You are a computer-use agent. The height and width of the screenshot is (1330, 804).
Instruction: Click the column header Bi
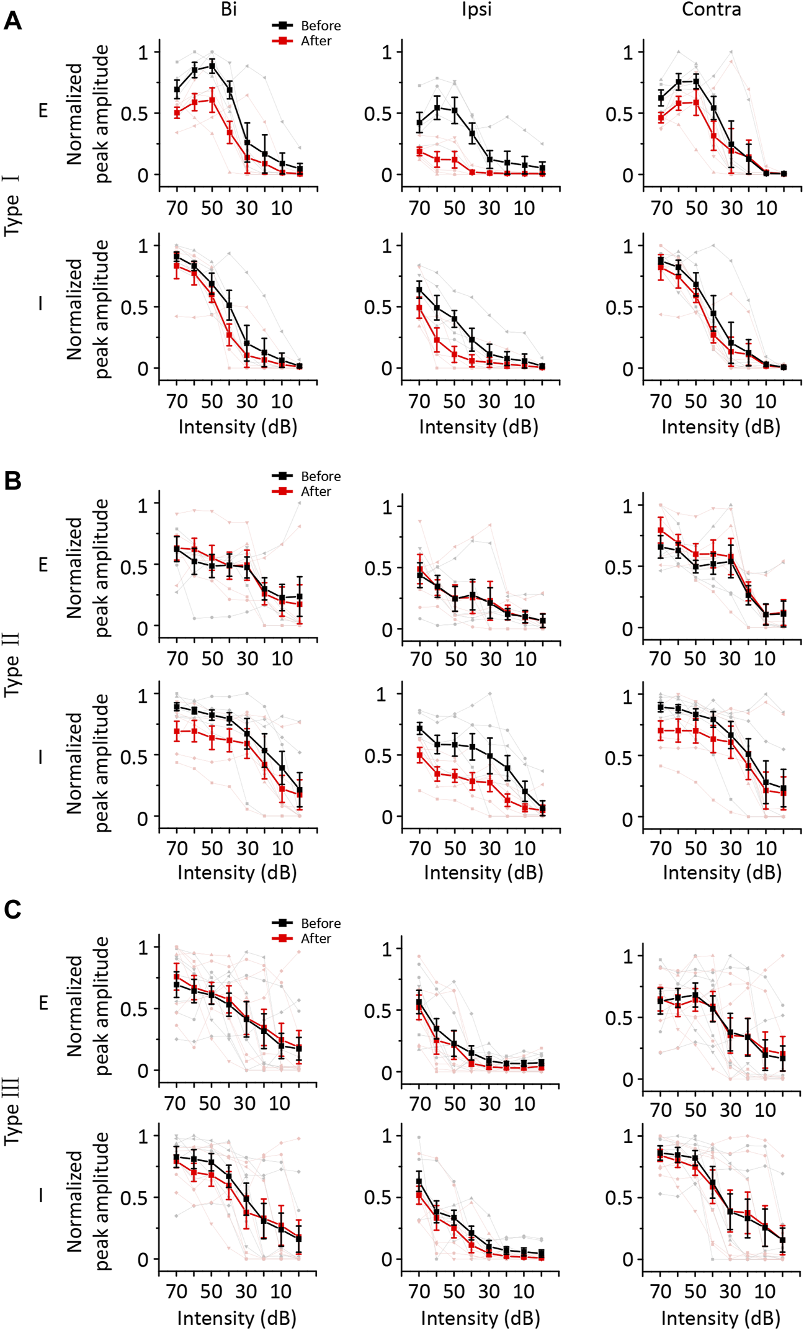coord(228,9)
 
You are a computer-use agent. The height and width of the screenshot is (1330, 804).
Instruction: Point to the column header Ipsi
coord(476,9)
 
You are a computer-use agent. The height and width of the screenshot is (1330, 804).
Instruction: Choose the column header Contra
coord(711,9)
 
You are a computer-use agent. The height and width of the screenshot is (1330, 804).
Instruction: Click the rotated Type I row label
coord(12,205)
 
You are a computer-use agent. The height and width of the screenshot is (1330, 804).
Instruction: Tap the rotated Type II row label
coord(12,664)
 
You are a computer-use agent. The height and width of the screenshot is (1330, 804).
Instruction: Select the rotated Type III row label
coord(12,1111)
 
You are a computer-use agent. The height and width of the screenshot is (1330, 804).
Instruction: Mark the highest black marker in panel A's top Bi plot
coord(212,65)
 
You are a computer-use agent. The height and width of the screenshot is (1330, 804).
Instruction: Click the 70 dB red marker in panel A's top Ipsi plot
coord(419,151)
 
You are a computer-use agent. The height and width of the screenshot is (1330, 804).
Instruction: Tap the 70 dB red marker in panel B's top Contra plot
coord(661,531)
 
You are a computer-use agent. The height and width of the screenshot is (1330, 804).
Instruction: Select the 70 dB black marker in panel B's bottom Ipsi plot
coord(419,729)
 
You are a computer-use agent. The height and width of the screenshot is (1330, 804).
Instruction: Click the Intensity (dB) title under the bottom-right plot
coord(720,1318)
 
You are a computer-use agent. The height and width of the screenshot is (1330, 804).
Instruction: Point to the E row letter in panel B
coord(43,565)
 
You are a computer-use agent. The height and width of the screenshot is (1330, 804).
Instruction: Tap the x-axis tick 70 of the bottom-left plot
coord(177,1291)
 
